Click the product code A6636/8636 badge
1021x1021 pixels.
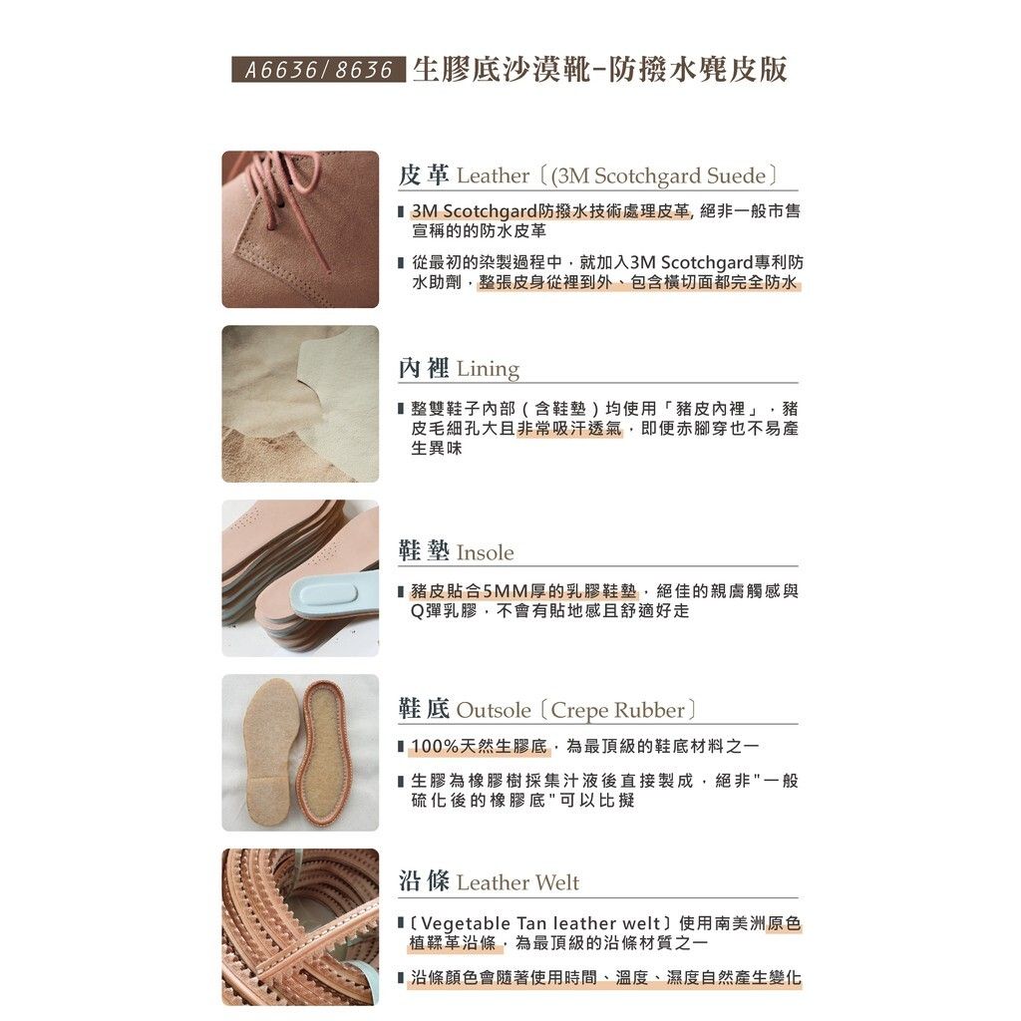pos(318,69)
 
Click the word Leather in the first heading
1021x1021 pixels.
pos(493,175)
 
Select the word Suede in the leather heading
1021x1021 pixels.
pos(736,175)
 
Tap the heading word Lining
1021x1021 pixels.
pos(488,369)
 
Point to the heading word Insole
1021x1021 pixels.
pos(486,552)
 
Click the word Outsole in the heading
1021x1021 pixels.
pos(494,710)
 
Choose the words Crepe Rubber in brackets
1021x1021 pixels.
pos(618,710)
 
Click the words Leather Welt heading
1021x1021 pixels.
pos(517,883)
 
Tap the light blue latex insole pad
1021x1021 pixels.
pos(331,596)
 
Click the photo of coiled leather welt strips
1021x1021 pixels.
pos(300,926)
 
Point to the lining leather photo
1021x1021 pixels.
pos(300,404)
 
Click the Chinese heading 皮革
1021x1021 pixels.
pos(424,174)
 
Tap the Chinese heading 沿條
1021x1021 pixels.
pos(424,881)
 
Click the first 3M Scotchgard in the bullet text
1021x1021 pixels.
pos(474,211)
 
